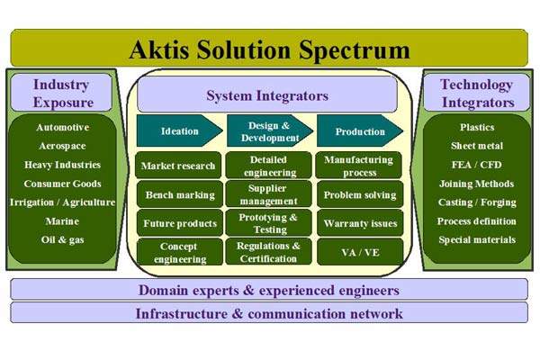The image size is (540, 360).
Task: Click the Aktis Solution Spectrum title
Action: (x=269, y=49)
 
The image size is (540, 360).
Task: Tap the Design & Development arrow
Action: (x=267, y=131)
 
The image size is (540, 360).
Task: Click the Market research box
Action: (x=179, y=166)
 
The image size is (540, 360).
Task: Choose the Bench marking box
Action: (x=179, y=193)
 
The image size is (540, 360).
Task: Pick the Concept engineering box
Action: (x=179, y=251)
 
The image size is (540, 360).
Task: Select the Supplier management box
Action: (x=268, y=193)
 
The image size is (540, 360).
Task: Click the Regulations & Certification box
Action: (x=268, y=251)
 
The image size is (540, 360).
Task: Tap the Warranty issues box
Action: (x=359, y=222)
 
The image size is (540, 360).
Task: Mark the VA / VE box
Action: (x=359, y=251)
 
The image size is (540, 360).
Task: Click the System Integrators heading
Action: (x=267, y=95)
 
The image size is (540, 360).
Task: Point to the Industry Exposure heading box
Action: (x=63, y=93)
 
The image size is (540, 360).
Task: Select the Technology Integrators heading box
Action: (x=477, y=93)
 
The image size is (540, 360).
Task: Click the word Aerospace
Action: (x=63, y=146)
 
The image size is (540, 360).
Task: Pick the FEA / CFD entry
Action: (x=477, y=165)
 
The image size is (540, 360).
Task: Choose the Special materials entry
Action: (x=477, y=239)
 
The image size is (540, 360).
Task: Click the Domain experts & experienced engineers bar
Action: (x=269, y=290)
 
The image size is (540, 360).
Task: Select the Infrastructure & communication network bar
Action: (x=269, y=313)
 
